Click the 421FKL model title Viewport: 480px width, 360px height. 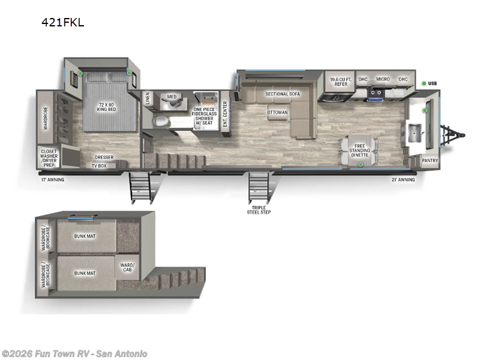pos(63,22)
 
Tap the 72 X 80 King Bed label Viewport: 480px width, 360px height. pos(107,107)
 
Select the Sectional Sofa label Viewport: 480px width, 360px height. pos(283,94)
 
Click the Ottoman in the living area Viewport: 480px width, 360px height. pos(278,112)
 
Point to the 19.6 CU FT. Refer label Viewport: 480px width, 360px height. pos(341,82)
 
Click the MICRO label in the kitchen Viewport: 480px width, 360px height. pos(383,79)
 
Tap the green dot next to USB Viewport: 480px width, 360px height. pos(424,83)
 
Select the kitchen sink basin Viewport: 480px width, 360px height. pos(415,133)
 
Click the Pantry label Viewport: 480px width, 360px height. pos(430,160)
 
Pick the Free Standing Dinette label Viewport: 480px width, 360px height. pos(359,151)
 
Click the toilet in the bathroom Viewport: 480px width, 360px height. pos(161,122)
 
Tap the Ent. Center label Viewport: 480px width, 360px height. pos(225,114)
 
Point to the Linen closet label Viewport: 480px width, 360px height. pos(148,98)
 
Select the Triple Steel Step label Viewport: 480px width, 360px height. pos(259,209)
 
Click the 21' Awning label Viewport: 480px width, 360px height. pos(403,179)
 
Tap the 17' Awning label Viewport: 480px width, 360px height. pos(53,179)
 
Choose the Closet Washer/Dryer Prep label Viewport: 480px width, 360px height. pos(49,158)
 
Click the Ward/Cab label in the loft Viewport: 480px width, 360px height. pos(127,267)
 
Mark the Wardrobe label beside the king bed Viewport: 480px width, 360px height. pos(46,118)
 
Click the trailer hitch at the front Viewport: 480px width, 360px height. pos(453,135)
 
